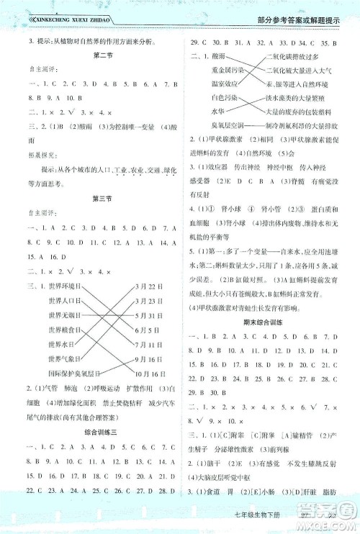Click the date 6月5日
(147, 302)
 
